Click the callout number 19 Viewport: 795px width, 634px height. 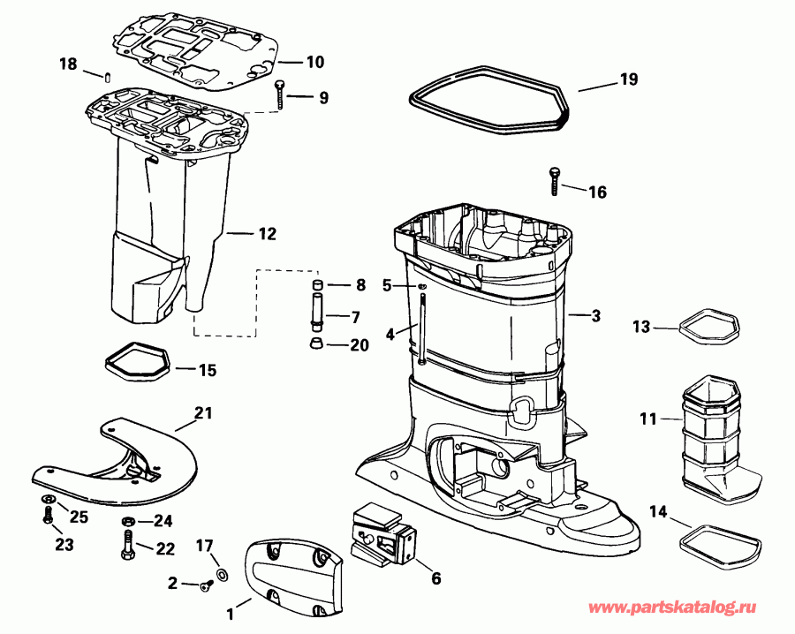coord(628,79)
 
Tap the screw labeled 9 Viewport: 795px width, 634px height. coord(280,94)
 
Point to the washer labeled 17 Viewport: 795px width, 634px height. coord(220,575)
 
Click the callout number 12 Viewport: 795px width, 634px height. coord(267,234)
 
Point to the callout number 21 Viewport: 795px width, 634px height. coord(203,412)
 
